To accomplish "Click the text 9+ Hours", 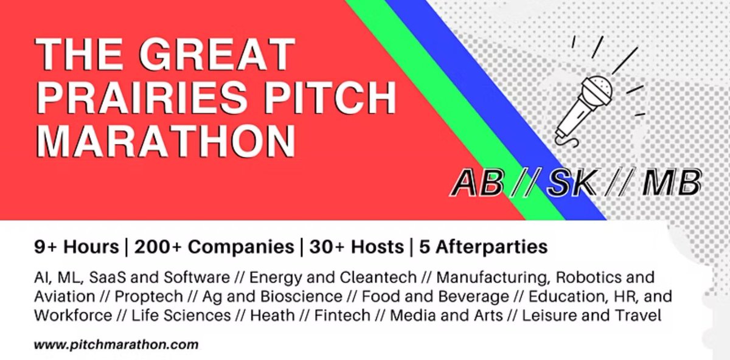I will pyautogui.click(x=76, y=247).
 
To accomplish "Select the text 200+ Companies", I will pyautogui.click(x=214, y=247).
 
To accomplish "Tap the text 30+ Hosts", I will pyautogui.click(x=356, y=247).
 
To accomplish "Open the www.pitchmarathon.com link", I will pyautogui.click(x=116, y=344).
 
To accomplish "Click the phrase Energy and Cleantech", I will pyautogui.click(x=333, y=278).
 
